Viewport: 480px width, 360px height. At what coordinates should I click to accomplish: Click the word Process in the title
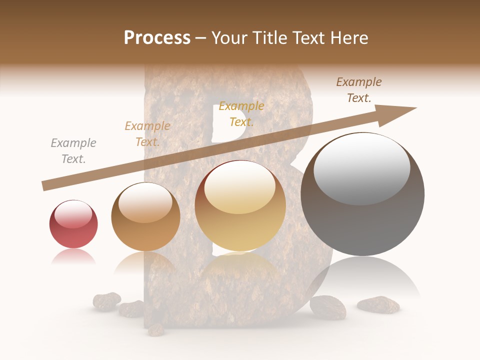tap(157, 38)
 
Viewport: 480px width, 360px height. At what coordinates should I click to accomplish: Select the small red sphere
tap(73, 224)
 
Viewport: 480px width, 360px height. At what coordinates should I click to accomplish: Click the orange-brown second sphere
tap(145, 217)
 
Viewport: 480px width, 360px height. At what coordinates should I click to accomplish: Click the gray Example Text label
tap(73, 151)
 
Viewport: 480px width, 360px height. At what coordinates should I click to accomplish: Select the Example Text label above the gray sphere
tap(359, 90)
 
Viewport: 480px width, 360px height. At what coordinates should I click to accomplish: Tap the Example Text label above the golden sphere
tap(241, 114)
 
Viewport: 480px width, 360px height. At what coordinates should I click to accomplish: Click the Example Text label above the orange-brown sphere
tap(147, 134)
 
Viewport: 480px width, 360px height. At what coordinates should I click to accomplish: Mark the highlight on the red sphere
tap(73, 214)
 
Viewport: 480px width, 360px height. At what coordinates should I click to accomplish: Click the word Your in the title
tap(229, 38)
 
